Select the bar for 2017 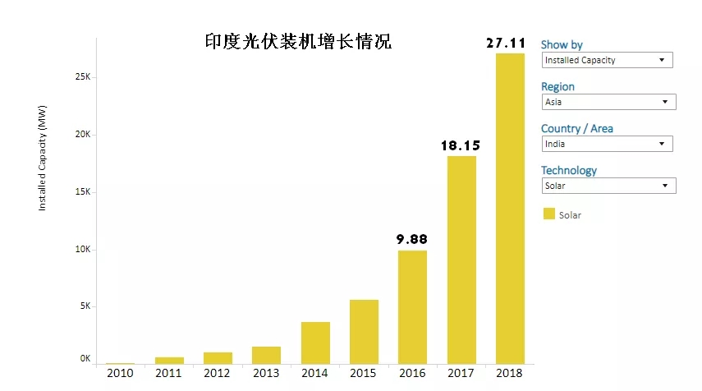[461, 260]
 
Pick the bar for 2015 [364, 332]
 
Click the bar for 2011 [169, 360]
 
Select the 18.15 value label [461, 145]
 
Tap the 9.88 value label [412, 239]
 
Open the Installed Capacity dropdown [608, 60]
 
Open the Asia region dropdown [609, 102]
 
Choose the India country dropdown [608, 144]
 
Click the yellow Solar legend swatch [548, 214]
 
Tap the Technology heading [569, 170]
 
